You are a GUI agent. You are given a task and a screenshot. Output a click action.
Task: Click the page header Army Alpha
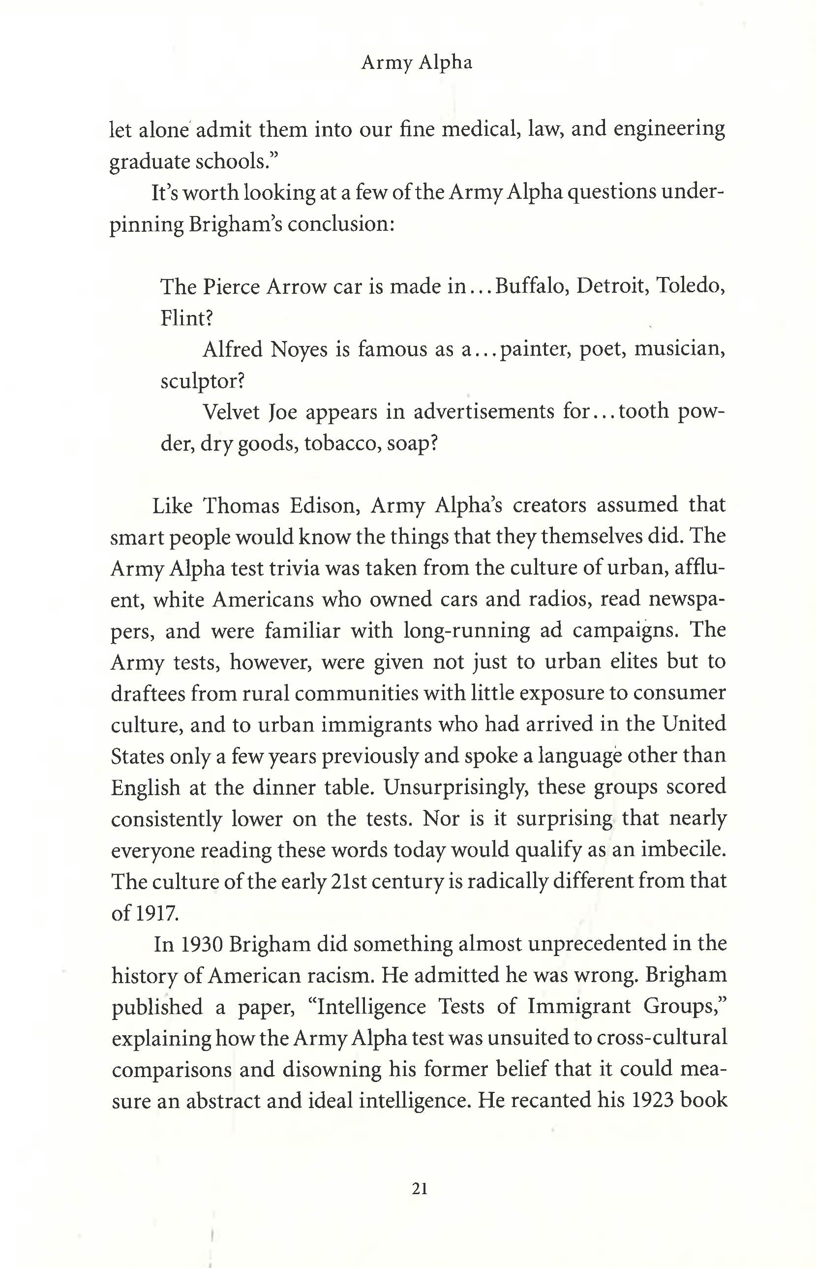point(417,63)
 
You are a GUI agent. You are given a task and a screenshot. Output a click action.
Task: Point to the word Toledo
point(690,286)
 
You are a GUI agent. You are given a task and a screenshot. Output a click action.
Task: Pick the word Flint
point(186,318)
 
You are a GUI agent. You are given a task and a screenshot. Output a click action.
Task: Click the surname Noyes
point(299,349)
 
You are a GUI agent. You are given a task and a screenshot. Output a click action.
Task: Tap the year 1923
point(652,1101)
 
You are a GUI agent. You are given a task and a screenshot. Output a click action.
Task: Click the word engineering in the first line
point(669,129)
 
